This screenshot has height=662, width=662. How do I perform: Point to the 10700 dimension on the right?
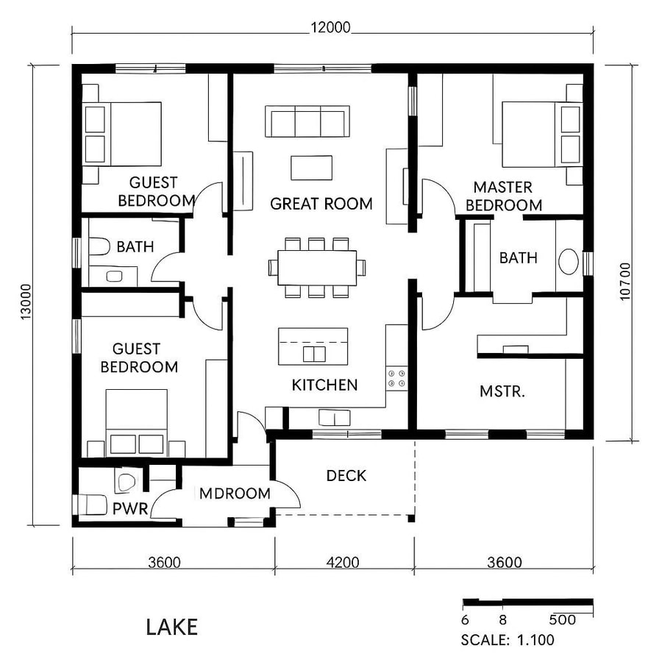[x=625, y=280]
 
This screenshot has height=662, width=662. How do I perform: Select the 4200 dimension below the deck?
[x=343, y=563]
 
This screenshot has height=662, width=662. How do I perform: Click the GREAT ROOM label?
[x=321, y=204]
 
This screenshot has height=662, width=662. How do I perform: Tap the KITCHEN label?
[x=324, y=385]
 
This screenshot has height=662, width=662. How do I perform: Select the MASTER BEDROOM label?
[x=503, y=196]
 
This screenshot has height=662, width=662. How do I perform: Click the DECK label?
[x=346, y=476]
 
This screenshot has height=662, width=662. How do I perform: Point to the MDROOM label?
[x=235, y=494]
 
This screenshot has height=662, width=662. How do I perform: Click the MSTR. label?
[x=502, y=391]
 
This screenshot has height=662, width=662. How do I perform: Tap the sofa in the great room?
[x=307, y=121]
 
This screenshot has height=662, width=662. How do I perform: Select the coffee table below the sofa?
[x=311, y=168]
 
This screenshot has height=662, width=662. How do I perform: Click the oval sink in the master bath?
[x=569, y=262]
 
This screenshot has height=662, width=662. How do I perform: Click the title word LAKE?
[x=171, y=627]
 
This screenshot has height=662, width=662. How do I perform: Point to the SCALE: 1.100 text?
[x=508, y=640]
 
